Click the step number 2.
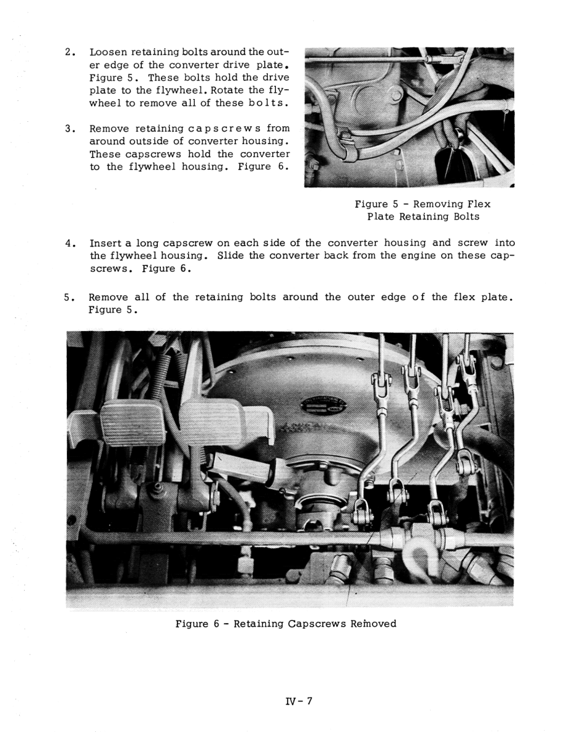pos(69,51)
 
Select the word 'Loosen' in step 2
pos(109,51)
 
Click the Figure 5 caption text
pos(423,210)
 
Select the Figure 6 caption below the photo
pos(286,623)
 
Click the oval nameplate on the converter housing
pos(324,406)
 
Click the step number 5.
pos(69,298)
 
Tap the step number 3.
pos(69,128)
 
